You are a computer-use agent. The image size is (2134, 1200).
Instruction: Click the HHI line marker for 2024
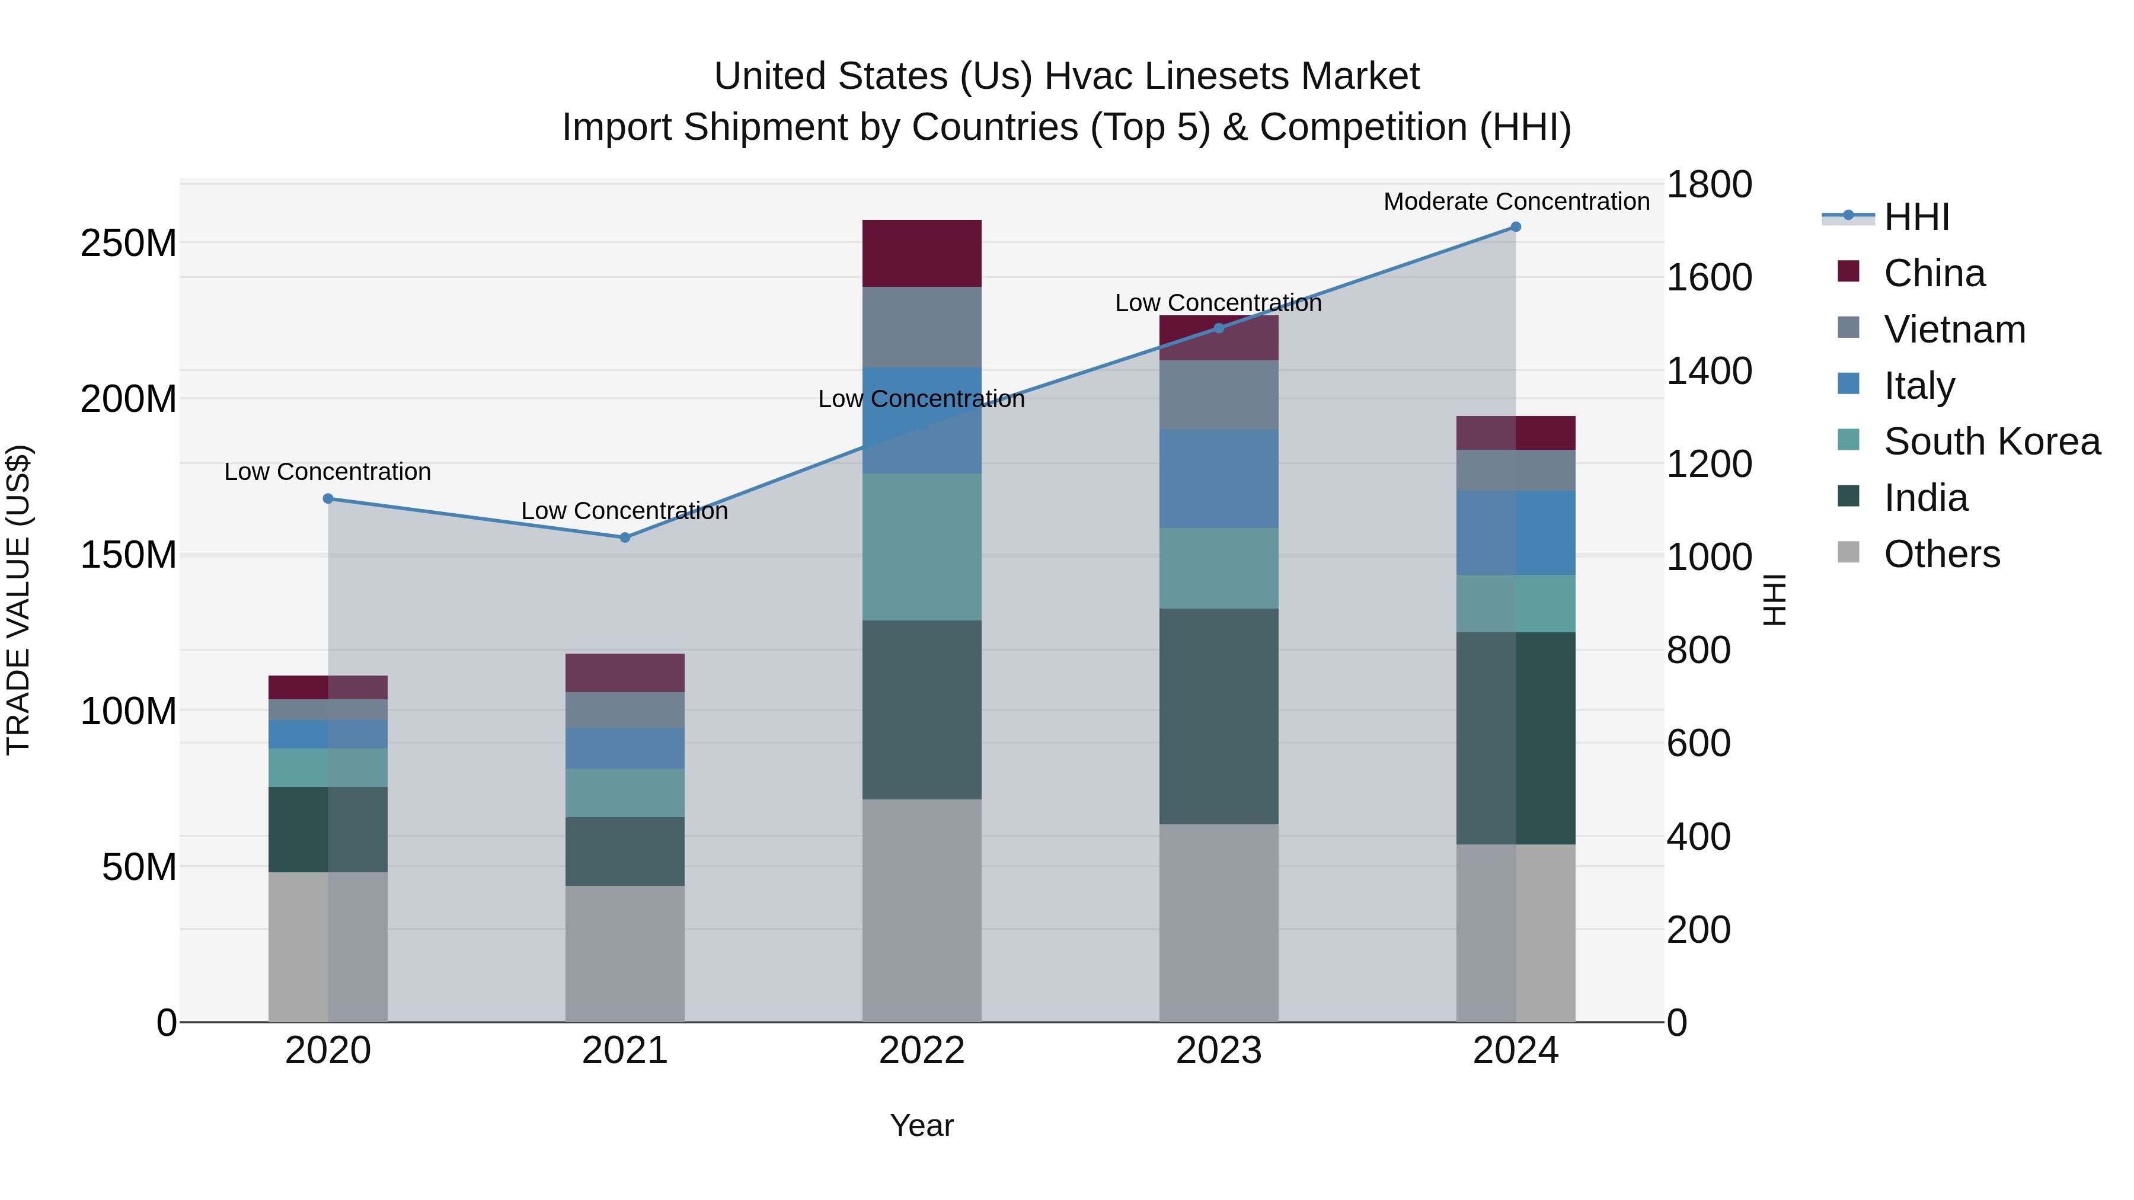(1515, 227)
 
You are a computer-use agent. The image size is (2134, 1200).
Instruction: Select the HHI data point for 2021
(625, 537)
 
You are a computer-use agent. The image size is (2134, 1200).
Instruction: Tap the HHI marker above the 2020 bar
(328, 498)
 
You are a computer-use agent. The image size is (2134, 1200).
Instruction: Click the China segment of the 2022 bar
(921, 254)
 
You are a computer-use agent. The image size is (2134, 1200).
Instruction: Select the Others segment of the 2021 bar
(625, 953)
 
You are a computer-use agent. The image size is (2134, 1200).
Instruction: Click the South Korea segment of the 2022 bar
(921, 546)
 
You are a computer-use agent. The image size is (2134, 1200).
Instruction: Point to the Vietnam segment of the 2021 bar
(625, 710)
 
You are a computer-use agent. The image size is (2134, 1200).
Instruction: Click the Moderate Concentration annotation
(1516, 201)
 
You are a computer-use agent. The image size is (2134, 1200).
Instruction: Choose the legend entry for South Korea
(1992, 441)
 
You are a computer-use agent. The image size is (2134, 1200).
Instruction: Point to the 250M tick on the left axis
(129, 244)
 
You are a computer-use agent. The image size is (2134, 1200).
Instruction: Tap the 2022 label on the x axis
(921, 1051)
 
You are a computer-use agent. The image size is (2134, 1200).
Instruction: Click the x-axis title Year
(921, 1125)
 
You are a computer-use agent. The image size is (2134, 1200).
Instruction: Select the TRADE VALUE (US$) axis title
(18, 600)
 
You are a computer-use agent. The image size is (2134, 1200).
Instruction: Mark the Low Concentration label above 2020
(327, 472)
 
